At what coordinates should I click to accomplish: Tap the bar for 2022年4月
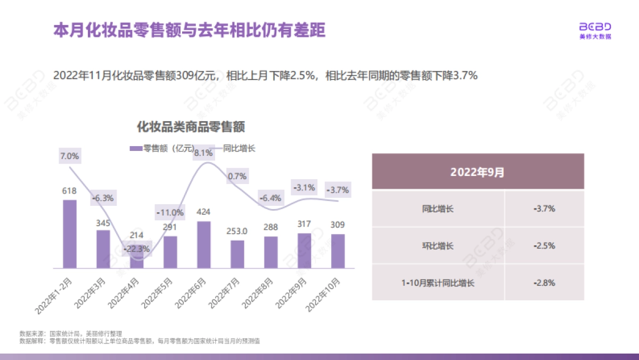point(137,259)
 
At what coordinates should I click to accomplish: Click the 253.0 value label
point(237,231)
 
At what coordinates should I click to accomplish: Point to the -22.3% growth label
point(137,248)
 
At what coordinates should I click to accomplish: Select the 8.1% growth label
point(203,153)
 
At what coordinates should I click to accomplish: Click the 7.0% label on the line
point(70,156)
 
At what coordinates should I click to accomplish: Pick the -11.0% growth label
point(170,212)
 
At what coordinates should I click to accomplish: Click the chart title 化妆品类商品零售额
point(191,127)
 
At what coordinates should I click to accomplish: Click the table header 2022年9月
point(478,172)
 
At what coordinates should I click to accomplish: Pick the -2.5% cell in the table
point(544,246)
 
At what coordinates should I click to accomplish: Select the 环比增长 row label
point(438,246)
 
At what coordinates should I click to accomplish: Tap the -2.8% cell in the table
point(544,282)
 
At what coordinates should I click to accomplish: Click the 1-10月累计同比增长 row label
point(438,282)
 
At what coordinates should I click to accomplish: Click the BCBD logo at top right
point(595,30)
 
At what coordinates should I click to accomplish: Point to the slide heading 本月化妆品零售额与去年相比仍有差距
point(189,30)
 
